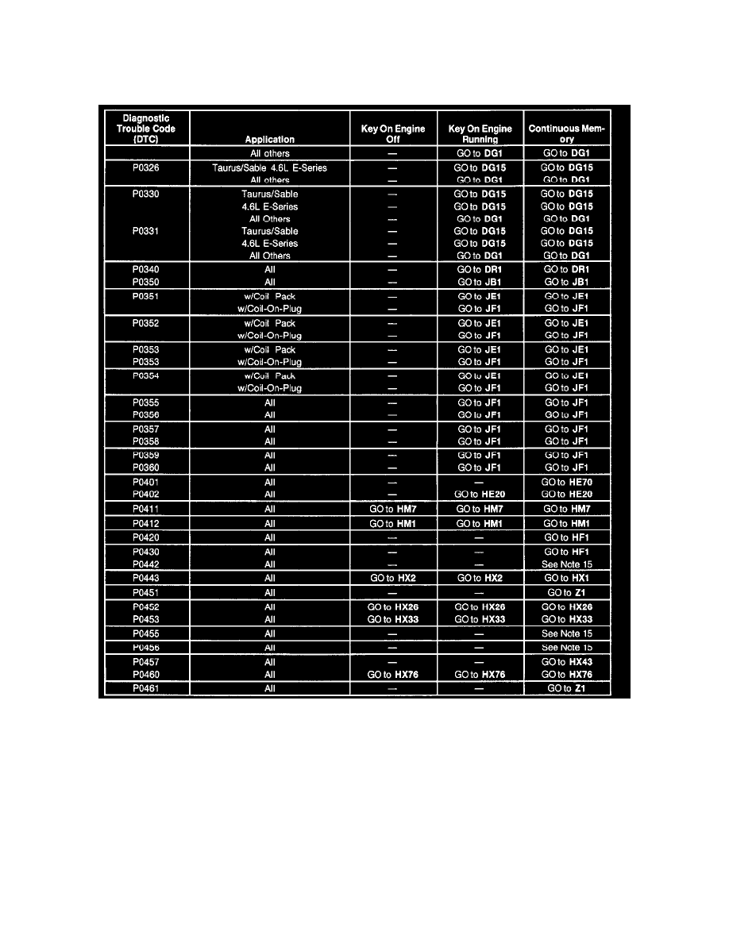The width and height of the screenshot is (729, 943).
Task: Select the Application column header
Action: tap(270, 140)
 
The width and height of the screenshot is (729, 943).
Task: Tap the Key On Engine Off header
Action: tap(393, 134)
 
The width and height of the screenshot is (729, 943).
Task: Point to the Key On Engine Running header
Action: tap(480, 134)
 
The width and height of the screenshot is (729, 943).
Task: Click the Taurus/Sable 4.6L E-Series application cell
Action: tap(270, 168)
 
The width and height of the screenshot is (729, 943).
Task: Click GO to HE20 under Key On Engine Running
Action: tap(480, 495)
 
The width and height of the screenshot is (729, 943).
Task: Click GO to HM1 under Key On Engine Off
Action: tap(393, 523)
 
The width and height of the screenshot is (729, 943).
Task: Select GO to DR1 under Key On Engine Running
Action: tap(480, 270)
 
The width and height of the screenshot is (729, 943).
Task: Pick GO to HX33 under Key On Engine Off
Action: tap(393, 620)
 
